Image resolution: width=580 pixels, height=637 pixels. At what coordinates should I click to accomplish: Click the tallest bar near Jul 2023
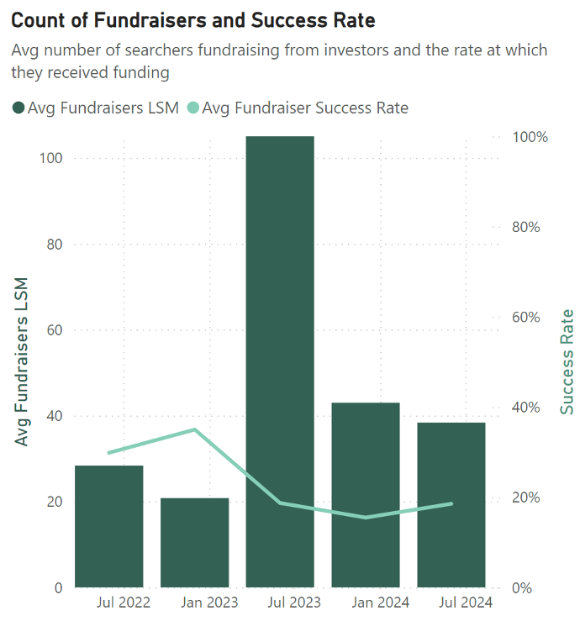click(280, 361)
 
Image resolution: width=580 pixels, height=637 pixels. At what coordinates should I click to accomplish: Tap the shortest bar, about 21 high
click(195, 542)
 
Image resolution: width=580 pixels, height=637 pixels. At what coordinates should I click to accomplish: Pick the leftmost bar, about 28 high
click(109, 526)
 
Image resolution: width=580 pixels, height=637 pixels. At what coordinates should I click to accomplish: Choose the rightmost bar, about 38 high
click(451, 504)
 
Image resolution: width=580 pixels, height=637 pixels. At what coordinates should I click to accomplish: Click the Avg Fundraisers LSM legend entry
click(96, 108)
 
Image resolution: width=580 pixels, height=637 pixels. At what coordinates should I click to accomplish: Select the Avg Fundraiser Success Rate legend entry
click(298, 108)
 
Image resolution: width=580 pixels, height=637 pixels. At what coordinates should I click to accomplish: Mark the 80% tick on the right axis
click(530, 227)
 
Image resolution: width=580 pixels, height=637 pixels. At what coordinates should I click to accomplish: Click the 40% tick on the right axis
click(530, 408)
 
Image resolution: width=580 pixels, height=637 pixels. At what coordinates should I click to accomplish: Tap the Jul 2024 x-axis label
click(465, 603)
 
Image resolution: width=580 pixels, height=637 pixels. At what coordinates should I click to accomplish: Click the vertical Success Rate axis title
click(567, 361)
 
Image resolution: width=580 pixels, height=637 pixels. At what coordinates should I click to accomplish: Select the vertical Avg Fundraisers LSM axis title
click(21, 361)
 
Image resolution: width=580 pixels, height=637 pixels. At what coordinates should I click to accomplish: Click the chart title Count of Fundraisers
click(193, 19)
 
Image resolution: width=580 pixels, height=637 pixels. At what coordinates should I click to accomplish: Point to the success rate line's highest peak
click(195, 429)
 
